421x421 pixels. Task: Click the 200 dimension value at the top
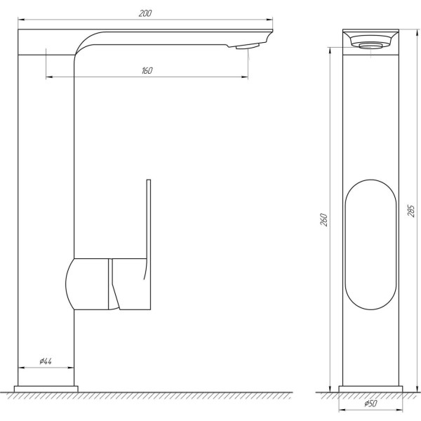pyautogui.click(x=146, y=13)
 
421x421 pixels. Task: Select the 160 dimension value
pyautogui.click(x=147, y=71)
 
